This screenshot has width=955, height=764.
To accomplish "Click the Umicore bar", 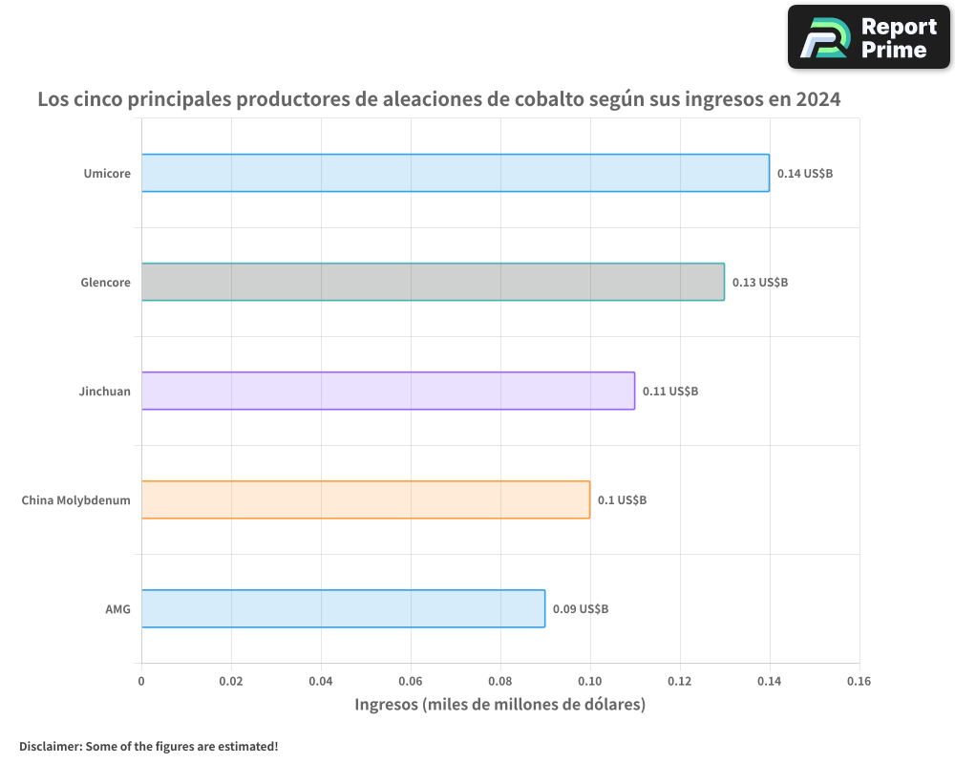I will click(456, 173).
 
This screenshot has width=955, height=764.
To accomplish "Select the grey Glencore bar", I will click(433, 282).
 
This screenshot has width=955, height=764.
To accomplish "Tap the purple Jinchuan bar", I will click(388, 391).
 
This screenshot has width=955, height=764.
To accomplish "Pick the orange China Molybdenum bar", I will click(366, 499).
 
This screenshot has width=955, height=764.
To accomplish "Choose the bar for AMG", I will click(343, 608).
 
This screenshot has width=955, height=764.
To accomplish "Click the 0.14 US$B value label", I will click(804, 174).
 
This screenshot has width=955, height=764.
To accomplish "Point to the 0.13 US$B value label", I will click(759, 283).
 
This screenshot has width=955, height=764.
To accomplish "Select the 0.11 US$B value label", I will click(669, 392).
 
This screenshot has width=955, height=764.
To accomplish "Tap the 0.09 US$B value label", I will click(580, 609).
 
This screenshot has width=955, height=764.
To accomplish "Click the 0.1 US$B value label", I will click(622, 500).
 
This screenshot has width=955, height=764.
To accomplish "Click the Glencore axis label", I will click(105, 283).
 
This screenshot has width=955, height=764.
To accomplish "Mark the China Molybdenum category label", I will click(75, 500).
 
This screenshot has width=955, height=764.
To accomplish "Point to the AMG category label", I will click(117, 609).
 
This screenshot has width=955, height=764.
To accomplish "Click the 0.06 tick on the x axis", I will click(411, 682).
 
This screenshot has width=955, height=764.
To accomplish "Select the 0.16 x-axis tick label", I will click(859, 682).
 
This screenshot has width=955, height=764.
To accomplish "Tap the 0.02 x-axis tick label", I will click(231, 682).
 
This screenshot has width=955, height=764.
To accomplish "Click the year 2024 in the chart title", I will click(817, 99).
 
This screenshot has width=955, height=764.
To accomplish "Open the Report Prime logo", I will click(868, 37).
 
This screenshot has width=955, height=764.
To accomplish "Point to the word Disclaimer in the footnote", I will click(50, 746).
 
